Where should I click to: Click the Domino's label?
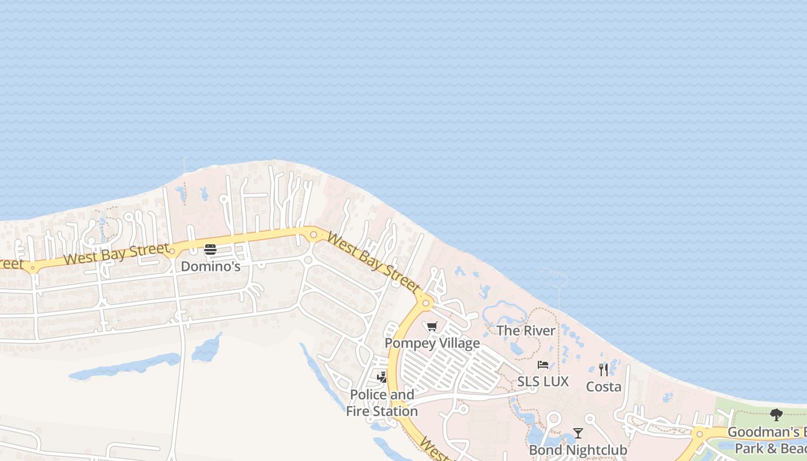[x=210, y=266]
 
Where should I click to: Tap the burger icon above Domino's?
[x=210, y=250]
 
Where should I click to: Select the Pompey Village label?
[x=432, y=343]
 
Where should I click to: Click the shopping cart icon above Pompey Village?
[x=432, y=327]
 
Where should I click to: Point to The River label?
[x=526, y=331]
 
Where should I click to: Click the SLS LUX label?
[x=542, y=381]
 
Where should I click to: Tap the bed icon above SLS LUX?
[x=542, y=365]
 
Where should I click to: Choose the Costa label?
[x=604, y=387]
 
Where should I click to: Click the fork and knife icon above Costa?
[x=604, y=369]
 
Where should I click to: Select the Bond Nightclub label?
[x=578, y=450]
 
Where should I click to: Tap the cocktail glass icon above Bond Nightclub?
[x=578, y=433]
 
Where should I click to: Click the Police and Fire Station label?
[x=382, y=403]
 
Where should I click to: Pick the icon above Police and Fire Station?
[x=382, y=377]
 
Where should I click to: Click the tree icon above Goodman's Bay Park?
[x=776, y=414]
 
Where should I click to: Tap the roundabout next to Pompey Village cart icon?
[x=426, y=302]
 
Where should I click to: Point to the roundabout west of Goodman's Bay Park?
[x=699, y=434]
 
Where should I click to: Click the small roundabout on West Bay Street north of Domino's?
[x=314, y=235]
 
